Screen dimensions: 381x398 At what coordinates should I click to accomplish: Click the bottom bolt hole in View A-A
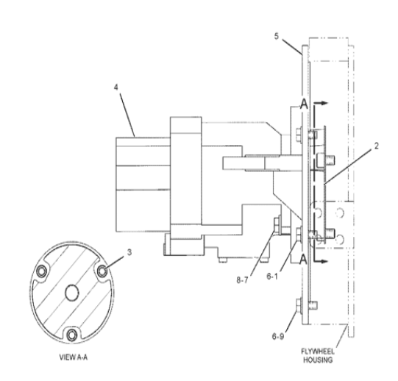pyautogui.click(x=71, y=335)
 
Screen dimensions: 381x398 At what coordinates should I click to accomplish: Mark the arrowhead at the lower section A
pyautogui.click(x=324, y=259)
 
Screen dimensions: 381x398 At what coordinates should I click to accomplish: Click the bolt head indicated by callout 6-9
pyautogui.click(x=297, y=305)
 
